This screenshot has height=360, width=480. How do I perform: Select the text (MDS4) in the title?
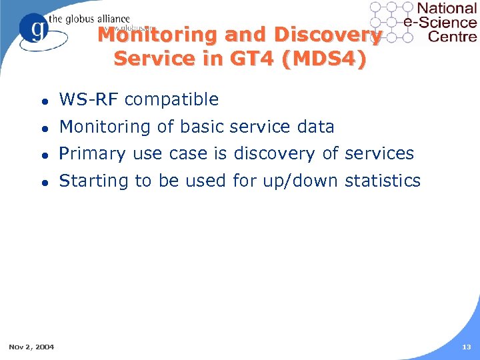323,59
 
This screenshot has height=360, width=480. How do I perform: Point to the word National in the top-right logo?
446,9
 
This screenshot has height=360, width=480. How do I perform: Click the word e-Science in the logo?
441,23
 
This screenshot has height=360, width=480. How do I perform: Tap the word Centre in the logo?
452,36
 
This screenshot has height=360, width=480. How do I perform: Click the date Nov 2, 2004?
31,346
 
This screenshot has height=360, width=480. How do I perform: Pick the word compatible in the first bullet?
171,100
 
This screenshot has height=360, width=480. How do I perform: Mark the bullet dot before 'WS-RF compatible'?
43,101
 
